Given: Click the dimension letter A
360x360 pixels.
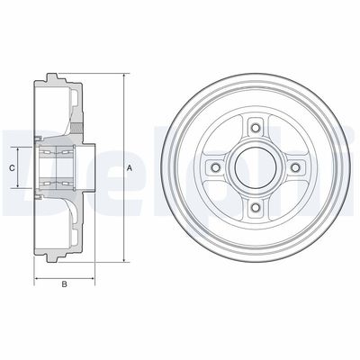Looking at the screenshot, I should tap(130, 168).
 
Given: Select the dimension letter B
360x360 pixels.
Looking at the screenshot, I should tap(65, 285).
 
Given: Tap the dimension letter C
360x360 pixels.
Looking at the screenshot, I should tap(13, 167).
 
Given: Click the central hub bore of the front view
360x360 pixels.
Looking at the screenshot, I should tap(256, 168).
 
